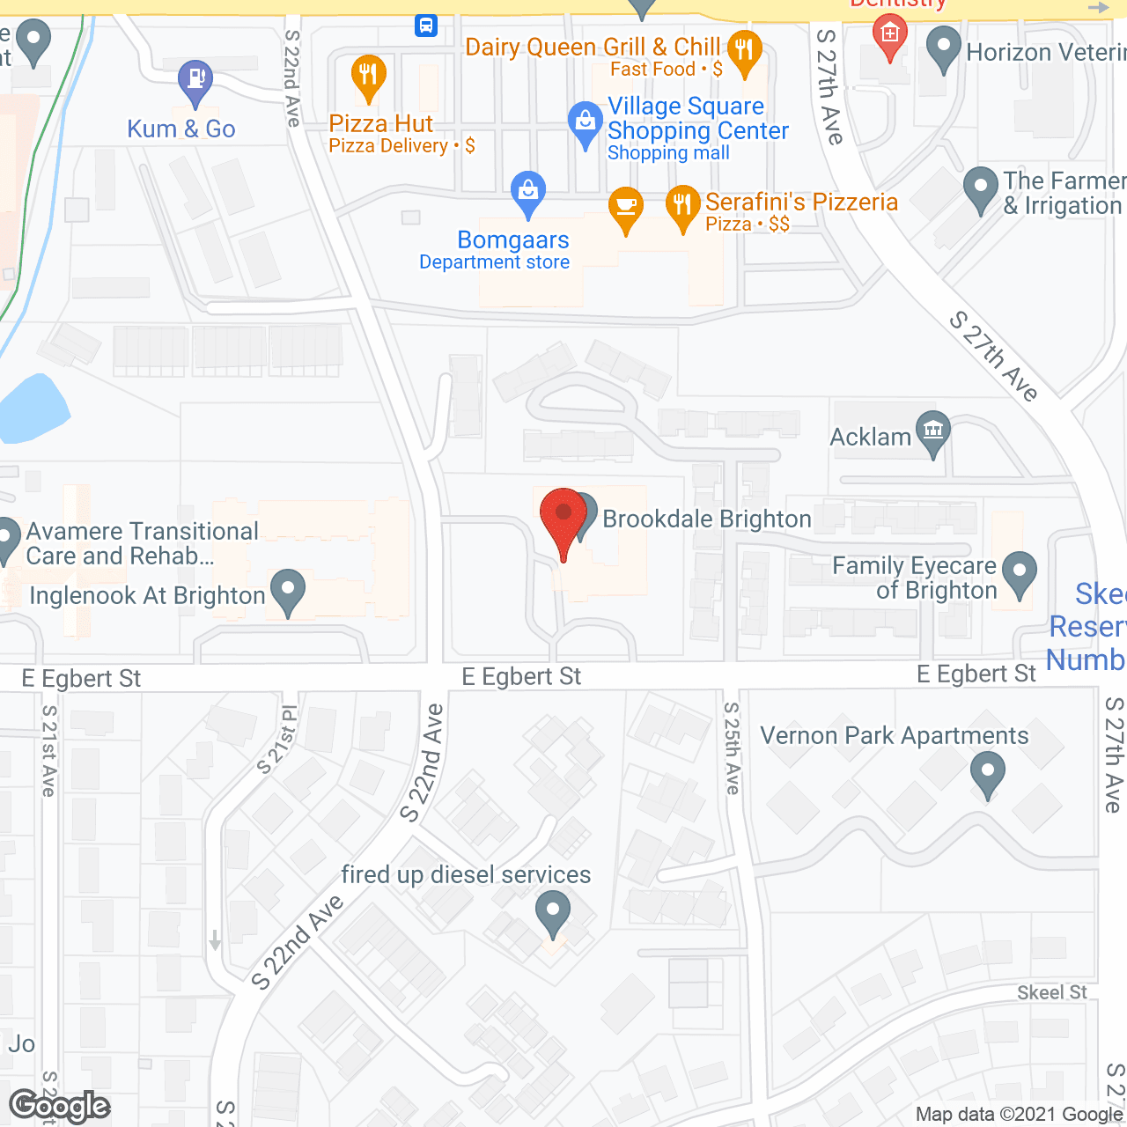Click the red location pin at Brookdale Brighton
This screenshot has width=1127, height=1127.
pyautogui.click(x=563, y=518)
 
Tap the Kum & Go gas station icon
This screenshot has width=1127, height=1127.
pyautogui.click(x=195, y=81)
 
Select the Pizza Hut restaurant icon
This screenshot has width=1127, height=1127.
pyautogui.click(x=368, y=76)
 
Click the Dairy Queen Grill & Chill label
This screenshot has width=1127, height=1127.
pyautogui.click(x=593, y=47)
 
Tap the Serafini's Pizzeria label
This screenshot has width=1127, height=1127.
pyautogui.click(x=801, y=203)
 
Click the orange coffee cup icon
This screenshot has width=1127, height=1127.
pyautogui.click(x=626, y=208)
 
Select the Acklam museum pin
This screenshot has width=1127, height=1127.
pyautogui.click(x=933, y=431)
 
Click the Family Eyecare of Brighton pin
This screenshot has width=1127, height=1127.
pyautogui.click(x=1020, y=573)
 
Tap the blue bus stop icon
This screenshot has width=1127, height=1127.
pyautogui.click(x=426, y=25)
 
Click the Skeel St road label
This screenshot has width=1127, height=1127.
pyautogui.click(x=1052, y=992)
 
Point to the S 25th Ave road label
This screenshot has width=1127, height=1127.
pyautogui.click(x=733, y=748)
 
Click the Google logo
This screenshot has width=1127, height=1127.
pyautogui.click(x=60, y=1106)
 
